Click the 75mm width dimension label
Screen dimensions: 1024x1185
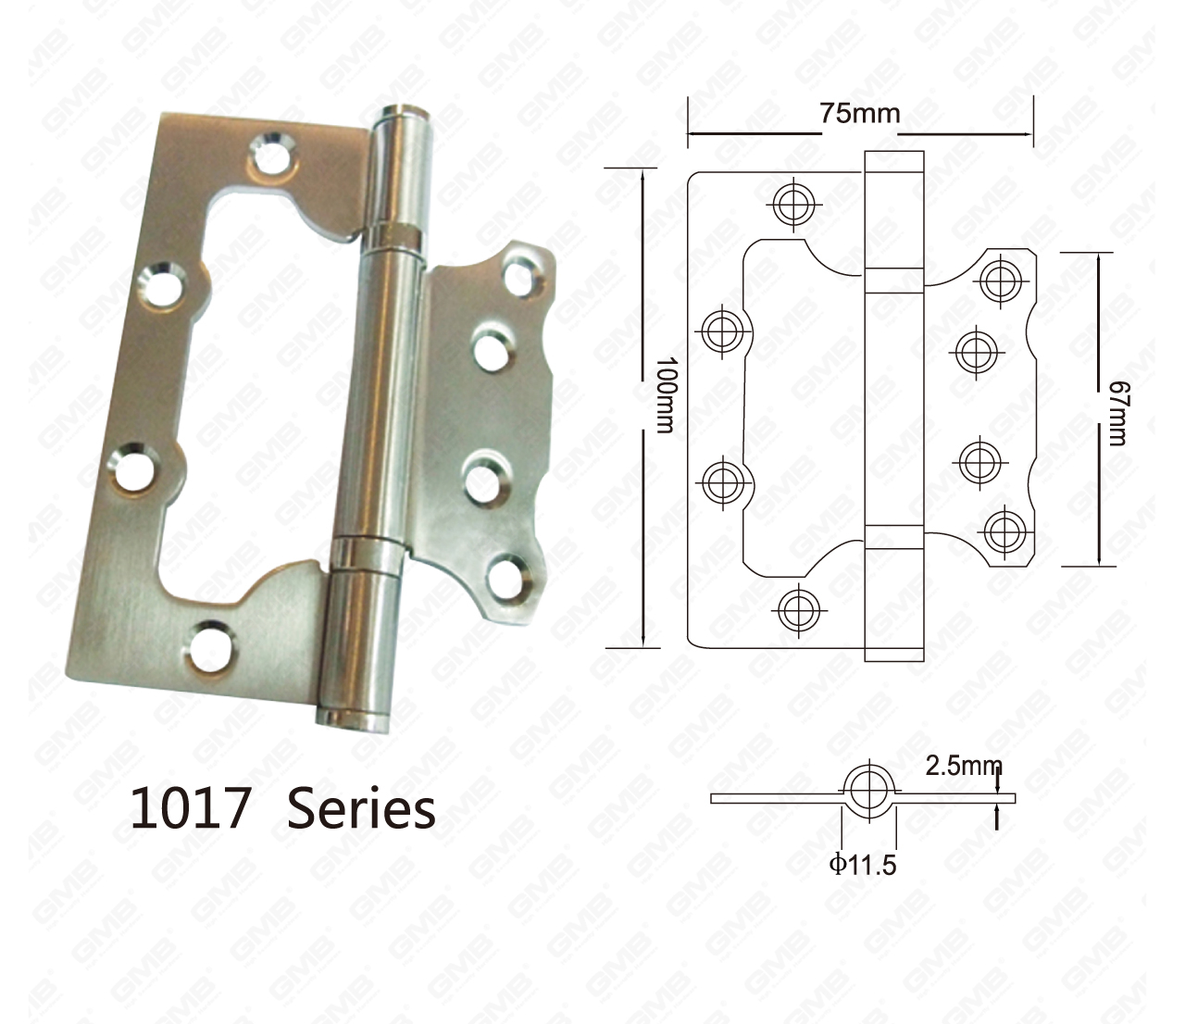858,113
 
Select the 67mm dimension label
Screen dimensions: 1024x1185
1116,414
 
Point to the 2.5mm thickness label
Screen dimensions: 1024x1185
963,766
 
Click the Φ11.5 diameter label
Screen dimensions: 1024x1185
863,866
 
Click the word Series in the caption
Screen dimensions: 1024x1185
360,808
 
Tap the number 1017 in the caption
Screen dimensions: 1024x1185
191,808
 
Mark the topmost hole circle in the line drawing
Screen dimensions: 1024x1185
794,203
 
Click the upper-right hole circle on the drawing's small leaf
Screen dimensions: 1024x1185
1002,280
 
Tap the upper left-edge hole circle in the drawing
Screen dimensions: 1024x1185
722,331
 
